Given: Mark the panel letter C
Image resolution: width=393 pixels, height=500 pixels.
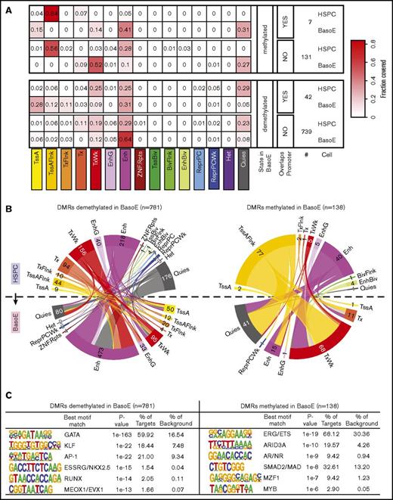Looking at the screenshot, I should tap(6, 395).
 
